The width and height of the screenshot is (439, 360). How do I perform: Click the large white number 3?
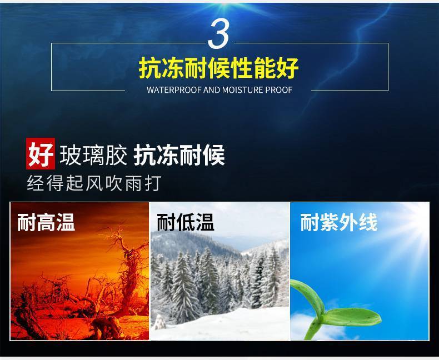pos(218,34)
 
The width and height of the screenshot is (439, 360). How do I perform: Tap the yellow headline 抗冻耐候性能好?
pos(218,68)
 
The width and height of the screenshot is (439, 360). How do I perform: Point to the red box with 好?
pos(41,153)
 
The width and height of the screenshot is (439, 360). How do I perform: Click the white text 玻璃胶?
pos(93,155)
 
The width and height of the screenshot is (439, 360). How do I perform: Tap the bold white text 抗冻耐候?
pos(179,155)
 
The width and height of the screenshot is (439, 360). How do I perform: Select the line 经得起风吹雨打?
pos(94,183)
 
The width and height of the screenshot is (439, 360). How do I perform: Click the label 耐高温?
pos(46,222)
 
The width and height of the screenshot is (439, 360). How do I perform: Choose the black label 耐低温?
pos(186,222)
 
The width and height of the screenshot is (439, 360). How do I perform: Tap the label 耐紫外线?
pos(339,222)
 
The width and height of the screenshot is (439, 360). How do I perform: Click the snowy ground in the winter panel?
pos(224,325)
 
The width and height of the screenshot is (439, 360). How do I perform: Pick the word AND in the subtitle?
pos(212,90)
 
